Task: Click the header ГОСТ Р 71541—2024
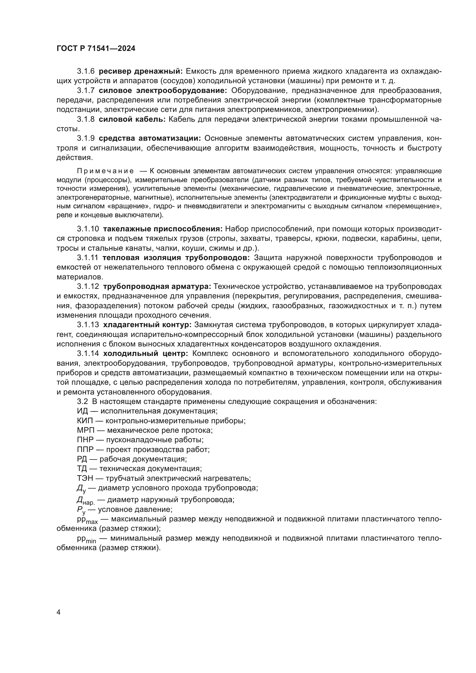[96, 49]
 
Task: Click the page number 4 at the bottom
[58, 612]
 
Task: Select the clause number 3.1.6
[86, 71]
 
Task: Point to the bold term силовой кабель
[132, 119]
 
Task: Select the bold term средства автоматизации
[150, 138]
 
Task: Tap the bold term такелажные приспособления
[163, 229]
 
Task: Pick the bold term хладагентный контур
[147, 325]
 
